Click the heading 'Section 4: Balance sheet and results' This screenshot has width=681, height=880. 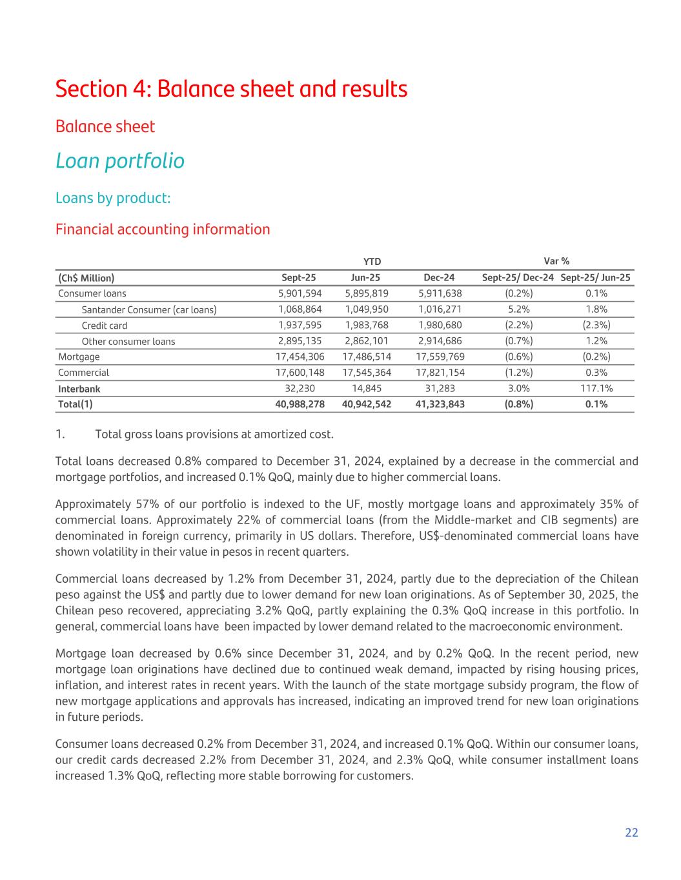coord(231,88)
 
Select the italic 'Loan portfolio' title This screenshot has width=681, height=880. coord(120,161)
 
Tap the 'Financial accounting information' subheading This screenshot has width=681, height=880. coord(163,229)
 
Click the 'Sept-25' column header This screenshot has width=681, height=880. coord(299,278)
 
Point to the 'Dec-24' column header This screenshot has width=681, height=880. coord(439,278)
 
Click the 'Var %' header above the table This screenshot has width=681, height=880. coord(556,261)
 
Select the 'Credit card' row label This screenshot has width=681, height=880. coord(105,326)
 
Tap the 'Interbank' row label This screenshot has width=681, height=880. coord(79,389)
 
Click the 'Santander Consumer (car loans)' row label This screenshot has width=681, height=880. coord(149,309)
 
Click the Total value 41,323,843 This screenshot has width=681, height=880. coord(440,404)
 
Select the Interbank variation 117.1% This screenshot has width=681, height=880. coord(596,388)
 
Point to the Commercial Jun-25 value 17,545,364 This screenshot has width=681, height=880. coord(367,373)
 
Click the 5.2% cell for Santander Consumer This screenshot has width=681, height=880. coord(518,309)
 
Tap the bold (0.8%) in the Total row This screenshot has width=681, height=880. coord(518,404)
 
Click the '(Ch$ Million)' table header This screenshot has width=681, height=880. coord(86,278)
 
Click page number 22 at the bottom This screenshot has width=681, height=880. coord(631,832)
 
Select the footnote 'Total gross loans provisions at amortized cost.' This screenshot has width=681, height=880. coord(214,434)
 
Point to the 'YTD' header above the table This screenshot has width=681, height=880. coord(372,261)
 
